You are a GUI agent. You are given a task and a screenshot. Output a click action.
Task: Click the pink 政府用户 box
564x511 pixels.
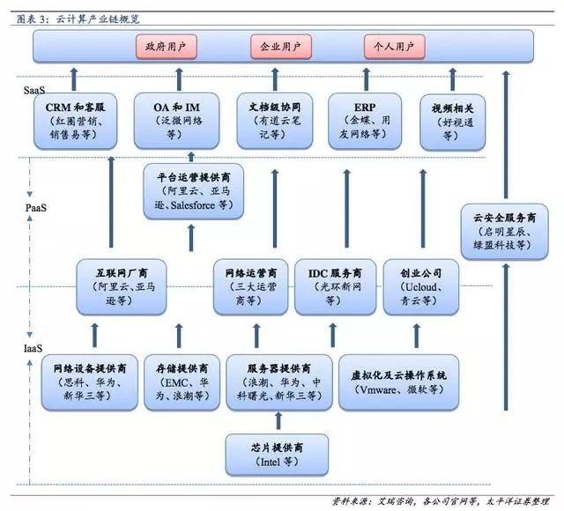[x=167, y=47]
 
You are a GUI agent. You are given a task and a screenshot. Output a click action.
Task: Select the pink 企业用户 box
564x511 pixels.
[x=281, y=47]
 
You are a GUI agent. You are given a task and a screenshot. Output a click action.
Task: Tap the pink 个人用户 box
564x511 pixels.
[x=395, y=47]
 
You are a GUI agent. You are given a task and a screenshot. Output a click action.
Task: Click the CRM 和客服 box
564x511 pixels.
[x=75, y=121]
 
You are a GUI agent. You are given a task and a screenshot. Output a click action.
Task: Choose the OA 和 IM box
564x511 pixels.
[x=176, y=121]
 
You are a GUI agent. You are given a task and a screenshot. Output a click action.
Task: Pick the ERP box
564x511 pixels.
[x=365, y=121]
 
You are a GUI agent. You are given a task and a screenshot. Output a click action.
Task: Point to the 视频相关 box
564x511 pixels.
[x=452, y=122]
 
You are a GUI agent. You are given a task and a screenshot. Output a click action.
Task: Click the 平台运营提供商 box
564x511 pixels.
[x=194, y=191]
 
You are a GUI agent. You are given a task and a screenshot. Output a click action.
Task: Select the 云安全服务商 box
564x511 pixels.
[x=505, y=232]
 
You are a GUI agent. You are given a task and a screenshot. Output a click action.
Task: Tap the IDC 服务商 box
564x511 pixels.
[x=335, y=287]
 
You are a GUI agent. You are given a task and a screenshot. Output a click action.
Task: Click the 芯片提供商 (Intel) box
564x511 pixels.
[x=277, y=455]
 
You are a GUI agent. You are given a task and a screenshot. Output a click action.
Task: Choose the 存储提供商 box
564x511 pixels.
[x=182, y=382]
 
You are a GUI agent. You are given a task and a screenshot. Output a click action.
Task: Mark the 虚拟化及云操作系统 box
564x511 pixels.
[x=398, y=382]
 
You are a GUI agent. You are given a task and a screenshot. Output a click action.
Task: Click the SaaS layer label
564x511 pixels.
[x=34, y=90]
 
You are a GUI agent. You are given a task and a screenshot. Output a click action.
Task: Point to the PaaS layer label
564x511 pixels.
[x=36, y=208]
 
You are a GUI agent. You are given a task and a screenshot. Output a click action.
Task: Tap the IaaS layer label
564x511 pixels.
[x=33, y=348]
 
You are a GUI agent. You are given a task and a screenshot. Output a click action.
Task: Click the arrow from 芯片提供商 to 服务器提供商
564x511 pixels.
[x=278, y=421]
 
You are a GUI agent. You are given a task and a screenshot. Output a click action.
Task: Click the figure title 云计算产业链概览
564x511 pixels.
[x=98, y=19]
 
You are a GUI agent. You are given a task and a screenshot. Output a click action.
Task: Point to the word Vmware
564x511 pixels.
[x=378, y=389]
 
